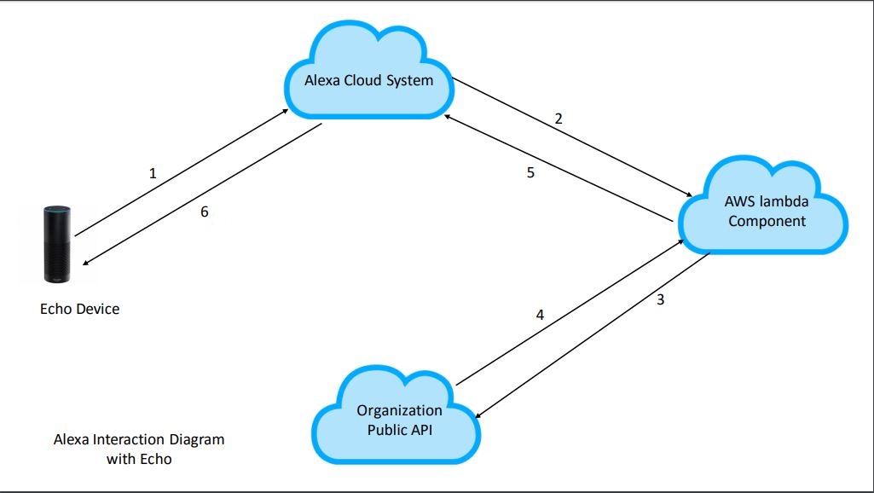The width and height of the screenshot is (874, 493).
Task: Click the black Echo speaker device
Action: [x=56, y=243]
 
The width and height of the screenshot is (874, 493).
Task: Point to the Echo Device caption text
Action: [x=79, y=309]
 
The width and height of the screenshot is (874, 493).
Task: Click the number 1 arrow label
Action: [x=153, y=173]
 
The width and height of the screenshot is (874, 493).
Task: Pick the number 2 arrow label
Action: [x=559, y=119]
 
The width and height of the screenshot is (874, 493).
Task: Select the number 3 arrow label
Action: [x=660, y=299]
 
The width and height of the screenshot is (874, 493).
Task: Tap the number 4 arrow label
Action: [x=539, y=314]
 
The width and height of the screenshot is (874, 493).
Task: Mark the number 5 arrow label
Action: [x=530, y=172]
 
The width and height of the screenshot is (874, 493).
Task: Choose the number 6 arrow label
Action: [x=204, y=212]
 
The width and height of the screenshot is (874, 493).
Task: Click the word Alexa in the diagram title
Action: [x=71, y=440]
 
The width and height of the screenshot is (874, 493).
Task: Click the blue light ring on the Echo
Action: [x=56, y=208]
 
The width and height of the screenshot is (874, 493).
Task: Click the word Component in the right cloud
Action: [x=765, y=221]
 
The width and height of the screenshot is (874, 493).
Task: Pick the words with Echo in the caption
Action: [x=139, y=459]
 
